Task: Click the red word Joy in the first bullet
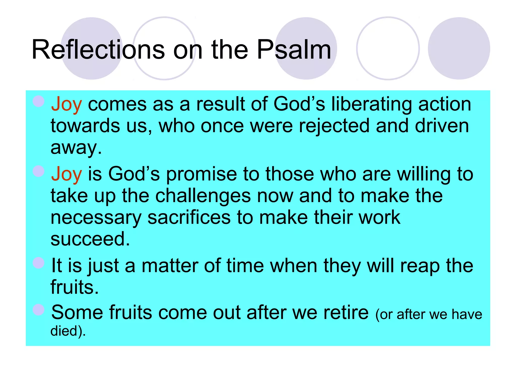point(67,105)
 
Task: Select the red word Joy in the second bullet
point(67,174)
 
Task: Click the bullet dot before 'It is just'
point(39,263)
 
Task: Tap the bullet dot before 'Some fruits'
point(39,310)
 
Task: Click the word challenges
point(203,196)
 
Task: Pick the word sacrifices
point(189,217)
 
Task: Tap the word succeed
point(90,239)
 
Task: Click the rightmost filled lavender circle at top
point(459,48)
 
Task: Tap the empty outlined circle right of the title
point(388,48)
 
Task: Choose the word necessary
point(96,218)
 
